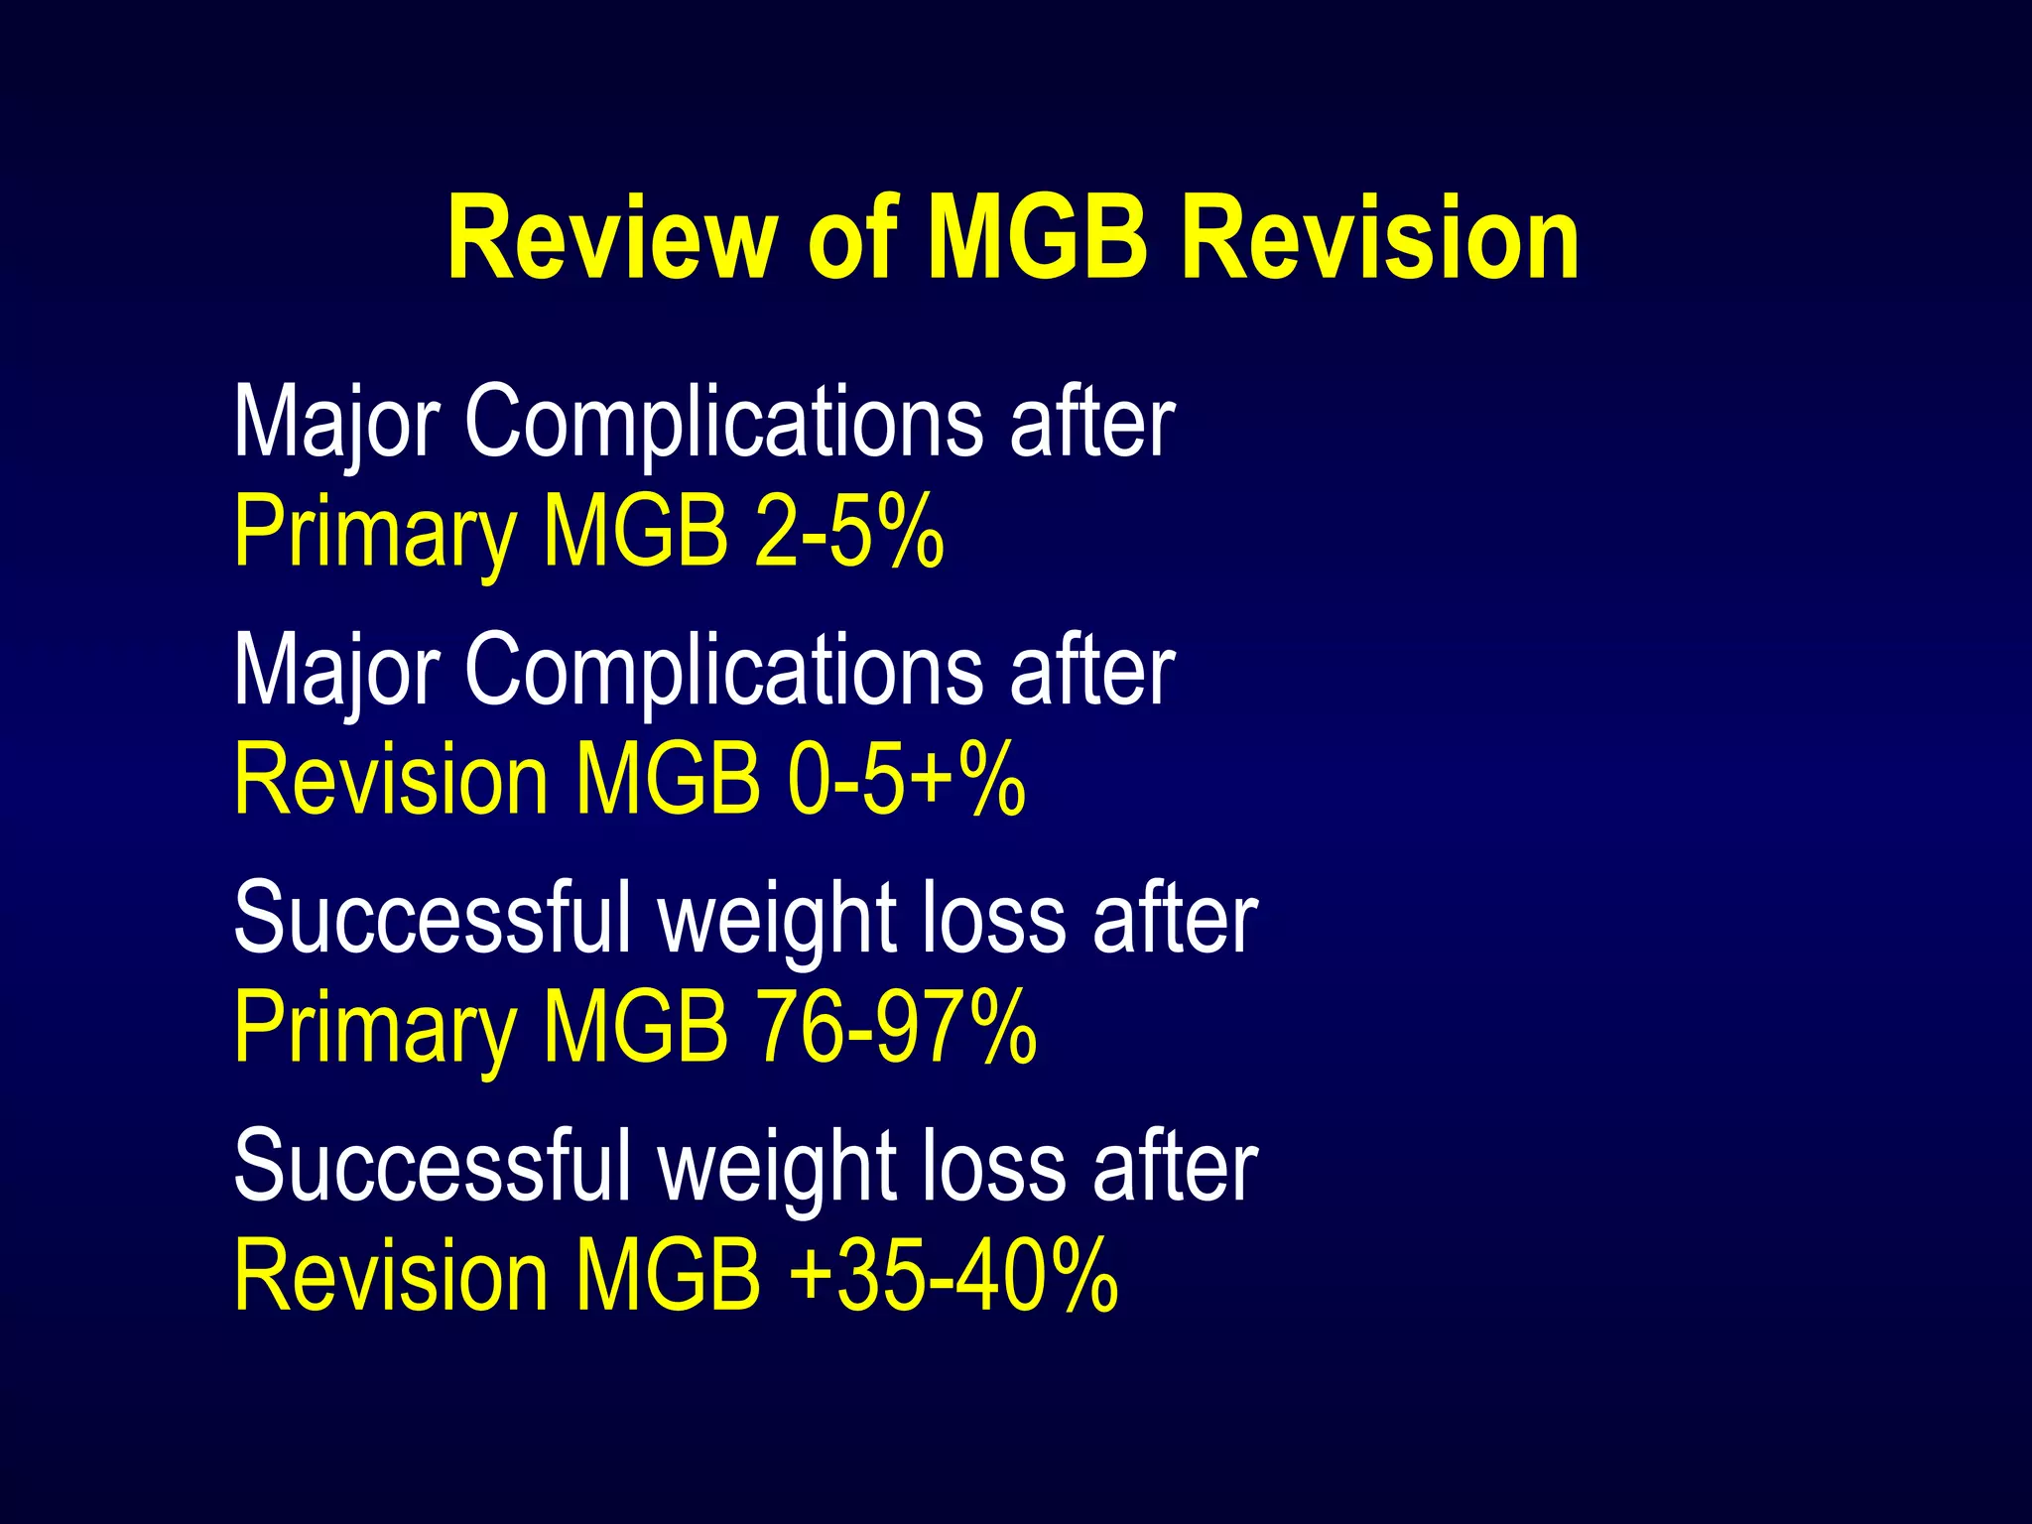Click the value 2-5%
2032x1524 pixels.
tap(848, 533)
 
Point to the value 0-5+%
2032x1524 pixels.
tap(906, 781)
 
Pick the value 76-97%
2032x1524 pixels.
tap(896, 1028)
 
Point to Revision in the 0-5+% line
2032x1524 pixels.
tap(391, 781)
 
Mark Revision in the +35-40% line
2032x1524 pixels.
tap(391, 1276)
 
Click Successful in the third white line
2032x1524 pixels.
tap(432, 918)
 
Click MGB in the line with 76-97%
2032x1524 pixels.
tap(635, 1028)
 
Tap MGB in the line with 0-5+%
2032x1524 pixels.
tap(668, 781)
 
